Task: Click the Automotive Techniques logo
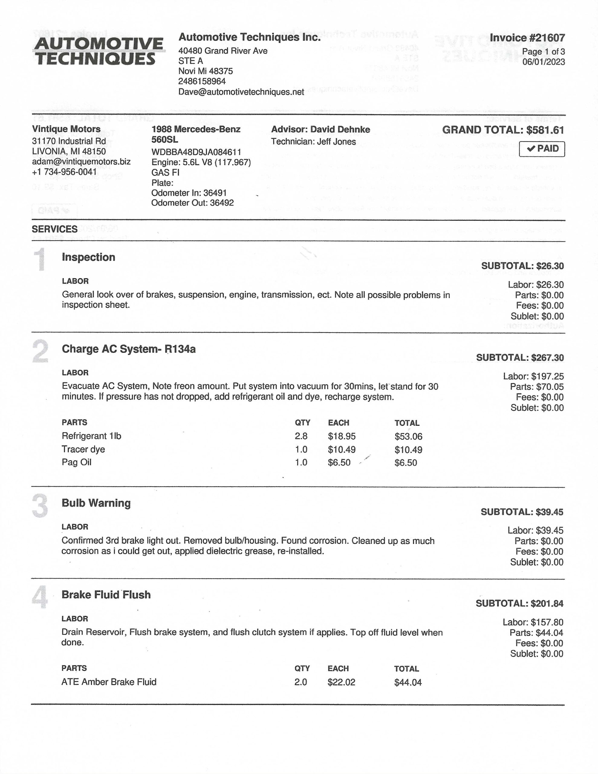[x=99, y=51]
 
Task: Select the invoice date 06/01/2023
[x=543, y=62]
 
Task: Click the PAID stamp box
[x=542, y=149]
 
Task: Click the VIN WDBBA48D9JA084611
[x=196, y=152]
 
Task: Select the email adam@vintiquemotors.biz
[x=81, y=162]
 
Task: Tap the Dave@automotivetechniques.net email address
[x=241, y=92]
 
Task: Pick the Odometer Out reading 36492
[x=222, y=203]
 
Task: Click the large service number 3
[x=40, y=506]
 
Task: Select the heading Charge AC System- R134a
[x=129, y=349]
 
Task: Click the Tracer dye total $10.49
[x=408, y=450]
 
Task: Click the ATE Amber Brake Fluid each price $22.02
[x=341, y=682]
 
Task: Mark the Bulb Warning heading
[x=96, y=503]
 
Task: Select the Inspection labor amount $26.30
[x=550, y=285]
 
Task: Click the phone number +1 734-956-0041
[x=64, y=172]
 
